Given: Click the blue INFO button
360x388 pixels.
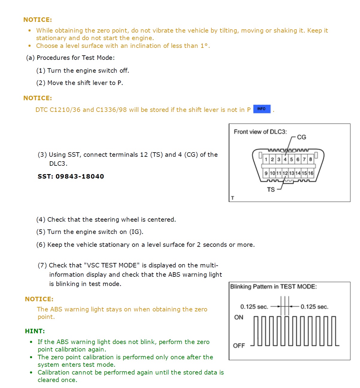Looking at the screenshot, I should pyautogui.click(x=262, y=109).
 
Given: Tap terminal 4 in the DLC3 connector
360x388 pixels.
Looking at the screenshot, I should pyautogui.click(x=285, y=159).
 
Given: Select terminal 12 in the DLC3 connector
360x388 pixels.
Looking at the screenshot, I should pyautogui.click(x=285, y=173).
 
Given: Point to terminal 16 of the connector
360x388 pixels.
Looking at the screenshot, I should pyautogui.click(x=311, y=173).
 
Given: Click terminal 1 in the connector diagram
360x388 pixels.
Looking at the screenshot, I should pyautogui.click(x=266, y=159).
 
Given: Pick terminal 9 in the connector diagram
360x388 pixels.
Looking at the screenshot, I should pyautogui.click(x=266, y=173).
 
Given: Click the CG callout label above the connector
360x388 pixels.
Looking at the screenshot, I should pyautogui.click(x=301, y=137).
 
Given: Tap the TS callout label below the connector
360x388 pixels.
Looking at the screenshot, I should pyautogui.click(x=271, y=190).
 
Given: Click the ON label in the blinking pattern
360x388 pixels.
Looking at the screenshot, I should pyautogui.click(x=239, y=317).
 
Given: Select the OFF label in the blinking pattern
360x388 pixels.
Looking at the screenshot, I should pyautogui.click(x=239, y=346).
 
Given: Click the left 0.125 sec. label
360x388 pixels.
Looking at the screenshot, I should pyautogui.click(x=254, y=307).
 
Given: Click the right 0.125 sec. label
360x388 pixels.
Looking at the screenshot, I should pyautogui.click(x=314, y=307).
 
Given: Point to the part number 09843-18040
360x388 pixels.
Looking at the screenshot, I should pyautogui.click(x=80, y=176).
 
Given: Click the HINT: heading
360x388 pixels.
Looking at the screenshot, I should pyautogui.click(x=35, y=331).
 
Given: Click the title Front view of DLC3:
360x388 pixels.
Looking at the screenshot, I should pyautogui.click(x=260, y=132).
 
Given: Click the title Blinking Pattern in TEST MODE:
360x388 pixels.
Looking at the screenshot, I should pyautogui.click(x=273, y=287).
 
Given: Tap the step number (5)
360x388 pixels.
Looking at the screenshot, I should pyautogui.click(x=41, y=232).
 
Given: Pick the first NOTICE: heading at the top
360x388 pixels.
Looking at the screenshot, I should pyautogui.click(x=38, y=20).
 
